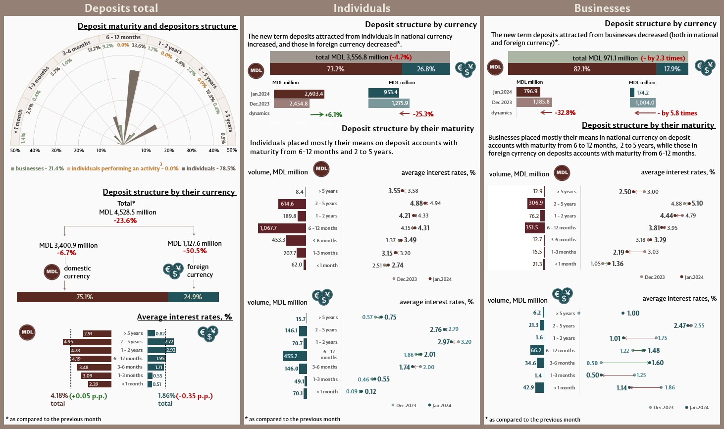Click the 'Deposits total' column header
[x=121, y=8]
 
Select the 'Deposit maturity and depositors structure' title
[x=157, y=26]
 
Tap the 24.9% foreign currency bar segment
[x=193, y=297]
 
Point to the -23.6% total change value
[x=125, y=220]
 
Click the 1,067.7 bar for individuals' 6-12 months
[x=282, y=228]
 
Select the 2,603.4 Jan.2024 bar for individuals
[x=299, y=94]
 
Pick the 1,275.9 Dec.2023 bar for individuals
[x=389, y=104]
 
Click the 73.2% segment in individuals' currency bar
[x=336, y=69]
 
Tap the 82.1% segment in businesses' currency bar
[x=582, y=69]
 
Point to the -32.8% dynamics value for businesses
[x=565, y=113]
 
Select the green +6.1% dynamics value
[x=333, y=114]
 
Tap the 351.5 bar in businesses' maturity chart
[x=534, y=228]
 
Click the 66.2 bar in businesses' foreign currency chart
[x=536, y=350]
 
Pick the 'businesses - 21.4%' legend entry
[x=39, y=169]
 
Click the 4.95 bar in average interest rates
[x=87, y=342]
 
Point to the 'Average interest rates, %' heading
[x=184, y=317]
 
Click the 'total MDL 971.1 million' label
[x=605, y=58]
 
